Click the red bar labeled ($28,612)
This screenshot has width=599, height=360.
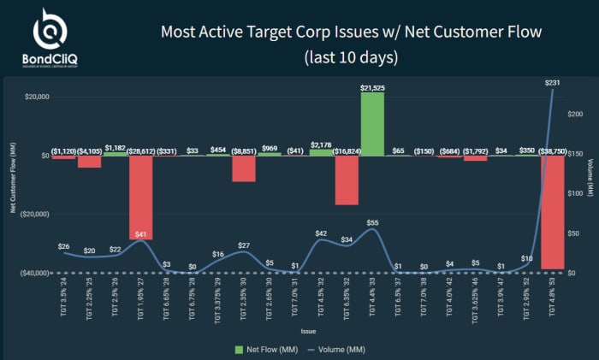pyautogui.click(x=141, y=197)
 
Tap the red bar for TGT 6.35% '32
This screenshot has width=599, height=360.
pyautogui.click(x=347, y=180)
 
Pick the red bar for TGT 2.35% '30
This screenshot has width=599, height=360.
pyautogui.click(x=244, y=168)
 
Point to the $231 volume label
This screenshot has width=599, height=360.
pyautogui.click(x=552, y=83)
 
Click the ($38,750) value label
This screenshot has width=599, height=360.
pyautogui.click(x=552, y=149)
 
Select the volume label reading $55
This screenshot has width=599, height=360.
pyautogui.click(x=372, y=222)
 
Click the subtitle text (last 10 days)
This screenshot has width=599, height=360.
pyautogui.click(x=351, y=59)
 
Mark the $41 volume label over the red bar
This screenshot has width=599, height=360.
pyautogui.click(x=141, y=234)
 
